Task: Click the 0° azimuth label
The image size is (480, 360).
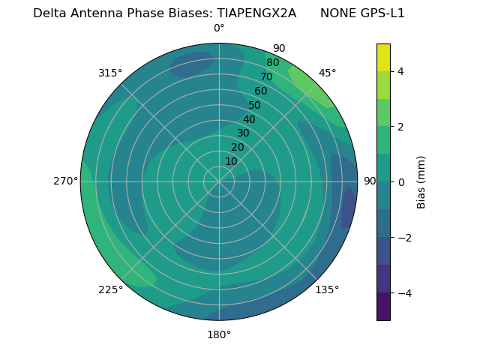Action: pyautogui.click(x=219, y=28)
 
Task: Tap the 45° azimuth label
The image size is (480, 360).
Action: pyautogui.click(x=327, y=73)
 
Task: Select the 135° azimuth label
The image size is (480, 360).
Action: pyautogui.click(x=327, y=289)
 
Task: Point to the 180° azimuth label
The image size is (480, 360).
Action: pyautogui.click(x=219, y=334)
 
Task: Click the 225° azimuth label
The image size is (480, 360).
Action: pyautogui.click(x=110, y=289)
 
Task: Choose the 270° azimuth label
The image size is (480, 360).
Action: pyautogui.click(x=65, y=181)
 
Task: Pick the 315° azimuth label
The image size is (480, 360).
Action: pyautogui.click(x=110, y=73)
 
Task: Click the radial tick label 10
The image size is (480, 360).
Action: pyautogui.click(x=231, y=161)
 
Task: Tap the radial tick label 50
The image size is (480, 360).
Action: pyautogui.click(x=255, y=106)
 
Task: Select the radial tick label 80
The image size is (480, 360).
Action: pyautogui.click(x=273, y=63)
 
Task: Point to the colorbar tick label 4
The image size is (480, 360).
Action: pyautogui.click(x=400, y=71)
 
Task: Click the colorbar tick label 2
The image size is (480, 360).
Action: pyautogui.click(x=400, y=127)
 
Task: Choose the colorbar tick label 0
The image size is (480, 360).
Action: pyautogui.click(x=400, y=182)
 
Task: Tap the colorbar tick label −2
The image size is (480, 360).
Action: pyautogui.click(x=403, y=238)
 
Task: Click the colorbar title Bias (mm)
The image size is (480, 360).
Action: pyautogui.click(x=421, y=182)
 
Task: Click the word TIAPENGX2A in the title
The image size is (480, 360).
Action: pyautogui.click(x=256, y=13)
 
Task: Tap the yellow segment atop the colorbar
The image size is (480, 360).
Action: pyautogui.click(x=383, y=57)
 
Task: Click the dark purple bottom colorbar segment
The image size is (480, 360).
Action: pyautogui.click(x=383, y=307)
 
